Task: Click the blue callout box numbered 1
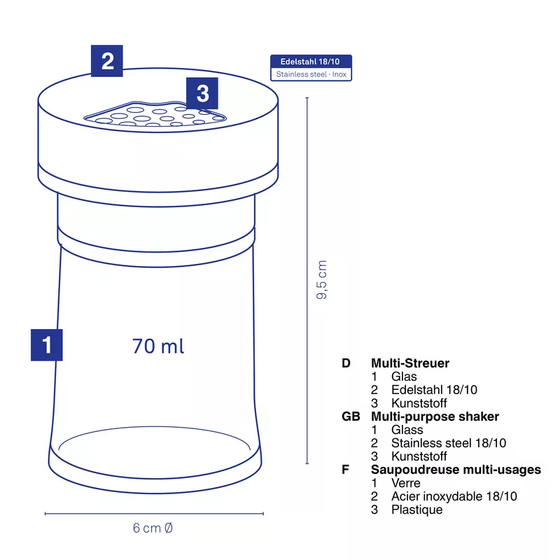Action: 46,345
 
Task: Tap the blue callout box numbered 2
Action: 107,61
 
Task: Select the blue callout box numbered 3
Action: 202,93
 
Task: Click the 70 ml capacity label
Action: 158,346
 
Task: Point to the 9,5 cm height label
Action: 321,279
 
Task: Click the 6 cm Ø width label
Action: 153,528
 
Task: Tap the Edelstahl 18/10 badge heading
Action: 310,62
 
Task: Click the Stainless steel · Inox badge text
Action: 311,74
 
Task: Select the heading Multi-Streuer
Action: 410,363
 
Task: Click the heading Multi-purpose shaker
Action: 435,416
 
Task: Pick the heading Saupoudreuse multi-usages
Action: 456,469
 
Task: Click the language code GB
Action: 351,416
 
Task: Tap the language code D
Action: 346,363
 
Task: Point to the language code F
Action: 345,469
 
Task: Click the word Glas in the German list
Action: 404,377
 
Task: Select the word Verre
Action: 406,483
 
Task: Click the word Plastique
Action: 416,510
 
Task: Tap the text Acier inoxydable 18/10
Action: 454,496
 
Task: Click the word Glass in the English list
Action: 407,430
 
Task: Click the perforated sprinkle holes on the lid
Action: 155,115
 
